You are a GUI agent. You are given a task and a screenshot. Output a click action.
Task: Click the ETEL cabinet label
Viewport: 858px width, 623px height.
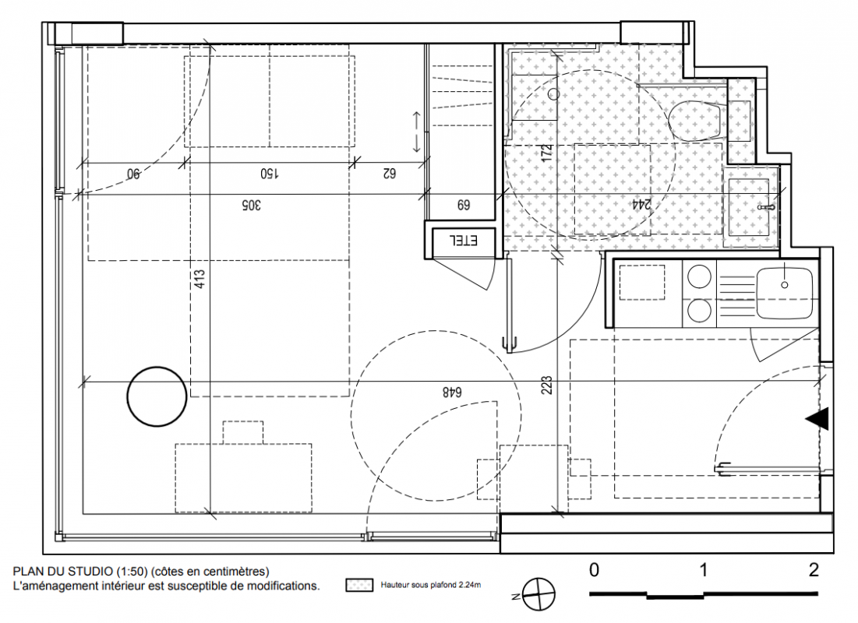pos(464,241)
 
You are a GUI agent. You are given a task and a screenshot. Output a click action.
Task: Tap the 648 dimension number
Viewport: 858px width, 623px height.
pos(452,392)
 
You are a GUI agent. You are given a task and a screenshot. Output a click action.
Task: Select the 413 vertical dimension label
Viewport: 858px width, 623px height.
pos(199,280)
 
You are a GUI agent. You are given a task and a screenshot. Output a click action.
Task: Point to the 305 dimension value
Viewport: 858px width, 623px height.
pos(251,205)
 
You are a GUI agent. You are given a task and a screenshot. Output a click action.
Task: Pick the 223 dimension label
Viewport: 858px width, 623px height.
pos(546,385)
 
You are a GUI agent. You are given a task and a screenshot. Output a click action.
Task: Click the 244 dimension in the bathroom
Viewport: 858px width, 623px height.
pos(641,205)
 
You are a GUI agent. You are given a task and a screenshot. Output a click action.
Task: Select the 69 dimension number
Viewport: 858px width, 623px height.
pos(463,205)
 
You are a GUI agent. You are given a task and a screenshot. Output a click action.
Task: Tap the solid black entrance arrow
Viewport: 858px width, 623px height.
pos(817,418)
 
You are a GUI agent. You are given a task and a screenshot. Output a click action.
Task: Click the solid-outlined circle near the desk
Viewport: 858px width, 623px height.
pos(157,396)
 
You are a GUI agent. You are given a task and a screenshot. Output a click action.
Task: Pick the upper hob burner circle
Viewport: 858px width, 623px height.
pos(699,276)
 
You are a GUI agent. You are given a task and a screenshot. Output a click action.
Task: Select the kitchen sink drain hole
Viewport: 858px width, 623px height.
pos(785,285)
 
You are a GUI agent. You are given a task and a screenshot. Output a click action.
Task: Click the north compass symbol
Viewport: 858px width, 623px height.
pos(538,594)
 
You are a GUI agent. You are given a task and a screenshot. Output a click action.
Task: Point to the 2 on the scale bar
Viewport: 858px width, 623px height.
pos(813,570)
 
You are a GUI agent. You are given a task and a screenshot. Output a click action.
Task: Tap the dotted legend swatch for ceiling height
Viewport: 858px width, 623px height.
pos(359,586)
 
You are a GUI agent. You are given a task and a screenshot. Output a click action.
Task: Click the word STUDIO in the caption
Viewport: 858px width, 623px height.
pos(90,572)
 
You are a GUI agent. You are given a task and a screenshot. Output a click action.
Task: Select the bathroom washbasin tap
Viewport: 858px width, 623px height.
pos(767,207)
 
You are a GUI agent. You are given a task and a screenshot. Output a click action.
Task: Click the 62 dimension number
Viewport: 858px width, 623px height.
pos(389,174)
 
